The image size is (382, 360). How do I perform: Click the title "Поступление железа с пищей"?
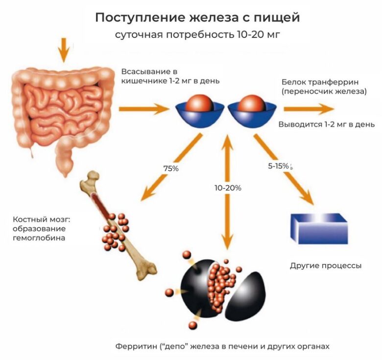197,18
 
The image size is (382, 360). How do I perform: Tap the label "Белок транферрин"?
313,81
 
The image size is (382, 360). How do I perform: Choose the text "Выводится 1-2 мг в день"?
327,124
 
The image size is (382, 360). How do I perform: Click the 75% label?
171,168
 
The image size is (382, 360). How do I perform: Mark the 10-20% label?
227,188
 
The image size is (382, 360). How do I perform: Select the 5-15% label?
278,166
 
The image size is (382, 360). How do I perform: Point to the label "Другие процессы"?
326,266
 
